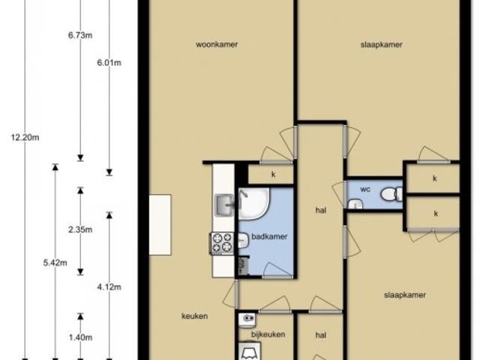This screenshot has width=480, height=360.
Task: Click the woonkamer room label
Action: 217,44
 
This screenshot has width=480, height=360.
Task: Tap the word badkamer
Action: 269,236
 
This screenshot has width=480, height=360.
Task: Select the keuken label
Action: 195,316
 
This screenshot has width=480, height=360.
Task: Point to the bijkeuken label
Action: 268,334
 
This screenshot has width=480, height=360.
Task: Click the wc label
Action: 365,189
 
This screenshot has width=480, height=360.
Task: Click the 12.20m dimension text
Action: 25,137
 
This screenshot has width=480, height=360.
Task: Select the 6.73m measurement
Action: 80,35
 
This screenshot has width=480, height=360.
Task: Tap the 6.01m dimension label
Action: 109,63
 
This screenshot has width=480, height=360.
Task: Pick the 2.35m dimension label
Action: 80,229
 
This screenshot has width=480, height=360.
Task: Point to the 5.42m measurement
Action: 55,262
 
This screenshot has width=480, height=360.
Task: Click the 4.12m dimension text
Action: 109,286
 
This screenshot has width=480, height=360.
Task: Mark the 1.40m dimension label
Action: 80,337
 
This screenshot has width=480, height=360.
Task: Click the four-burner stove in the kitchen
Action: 222,243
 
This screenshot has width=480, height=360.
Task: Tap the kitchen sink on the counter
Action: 224,205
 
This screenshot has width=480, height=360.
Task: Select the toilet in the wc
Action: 392,194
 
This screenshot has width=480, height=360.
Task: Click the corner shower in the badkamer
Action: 253,202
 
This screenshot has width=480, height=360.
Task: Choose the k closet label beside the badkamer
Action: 273,174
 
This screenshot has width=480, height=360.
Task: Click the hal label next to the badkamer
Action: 321,210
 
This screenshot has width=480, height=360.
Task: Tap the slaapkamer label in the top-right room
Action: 382,45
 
